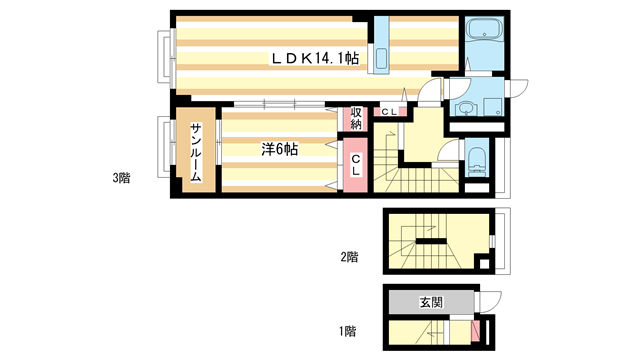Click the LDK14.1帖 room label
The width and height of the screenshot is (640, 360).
[x=315, y=59]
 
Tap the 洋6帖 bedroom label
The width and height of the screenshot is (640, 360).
[x=280, y=149]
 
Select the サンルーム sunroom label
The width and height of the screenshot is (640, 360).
[x=196, y=153]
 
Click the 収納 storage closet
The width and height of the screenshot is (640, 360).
[x=356, y=118]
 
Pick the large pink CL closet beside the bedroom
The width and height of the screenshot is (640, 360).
[x=356, y=165]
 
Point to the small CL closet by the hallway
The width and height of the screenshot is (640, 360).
[x=390, y=111]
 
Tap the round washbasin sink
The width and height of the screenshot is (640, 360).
[x=463, y=108]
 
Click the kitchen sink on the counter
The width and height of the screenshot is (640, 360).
[x=381, y=60]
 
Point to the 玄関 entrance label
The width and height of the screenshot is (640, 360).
[x=431, y=302]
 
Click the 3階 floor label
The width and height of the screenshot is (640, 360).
[x=121, y=178]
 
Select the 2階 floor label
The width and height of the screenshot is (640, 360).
[x=349, y=257]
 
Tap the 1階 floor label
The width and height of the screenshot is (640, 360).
[x=348, y=331]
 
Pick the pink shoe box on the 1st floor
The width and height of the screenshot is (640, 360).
[x=476, y=331]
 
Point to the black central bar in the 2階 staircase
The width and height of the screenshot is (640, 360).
[x=431, y=241]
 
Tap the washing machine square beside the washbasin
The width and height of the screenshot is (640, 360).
[x=493, y=107]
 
